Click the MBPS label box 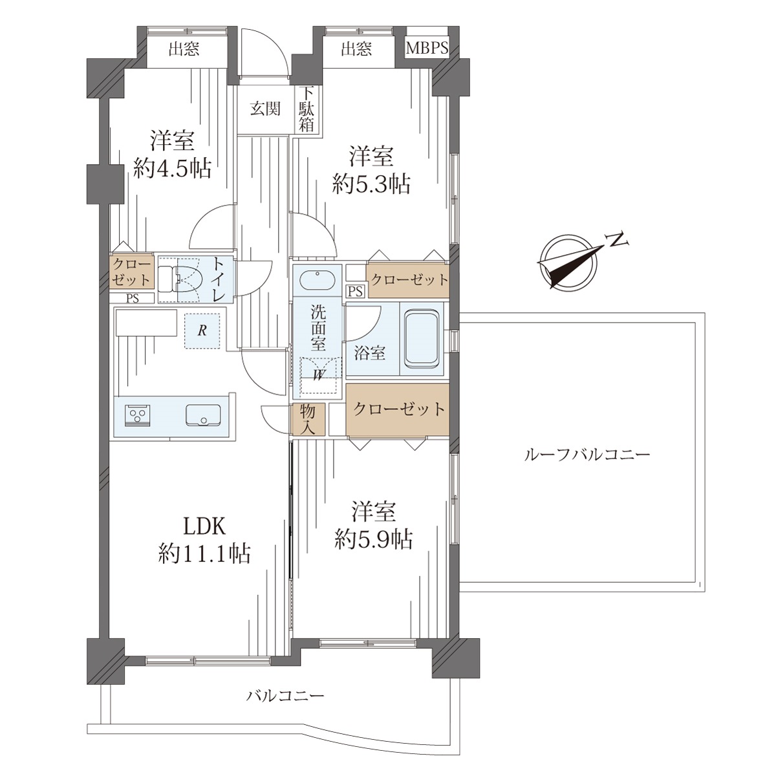point(426,48)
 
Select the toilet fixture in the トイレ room point(180,279)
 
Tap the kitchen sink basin point(203,415)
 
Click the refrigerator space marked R point(202,330)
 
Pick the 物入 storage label point(308,419)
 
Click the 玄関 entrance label point(265,109)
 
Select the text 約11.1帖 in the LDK point(204,554)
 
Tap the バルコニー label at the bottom point(285,695)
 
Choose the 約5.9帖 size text point(373,540)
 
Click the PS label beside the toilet point(133,298)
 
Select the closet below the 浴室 point(397,409)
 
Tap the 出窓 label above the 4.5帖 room point(184,50)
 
